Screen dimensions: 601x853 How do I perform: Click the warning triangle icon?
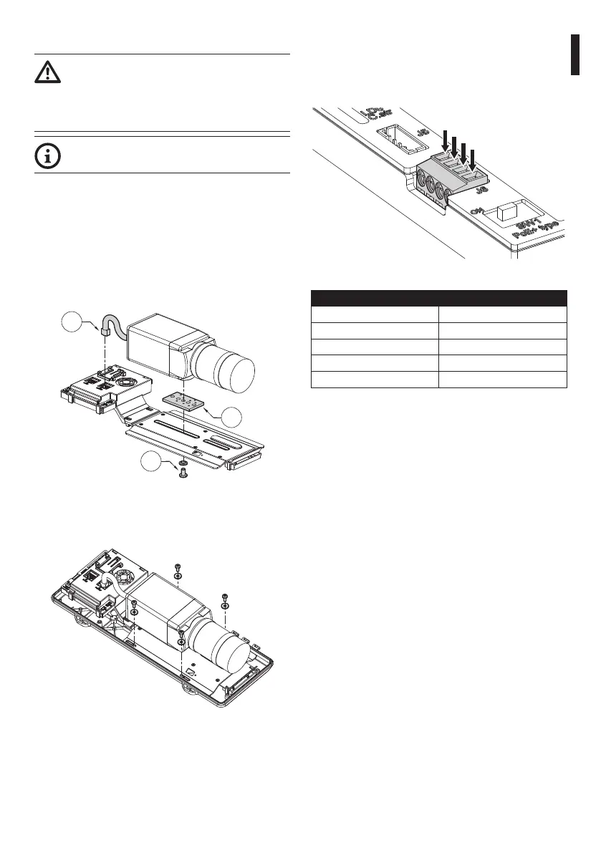click(x=47, y=73)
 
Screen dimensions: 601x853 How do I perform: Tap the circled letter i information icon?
click(x=47, y=158)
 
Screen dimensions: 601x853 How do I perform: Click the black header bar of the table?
click(x=438, y=298)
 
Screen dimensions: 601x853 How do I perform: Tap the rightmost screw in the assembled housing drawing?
click(x=226, y=597)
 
